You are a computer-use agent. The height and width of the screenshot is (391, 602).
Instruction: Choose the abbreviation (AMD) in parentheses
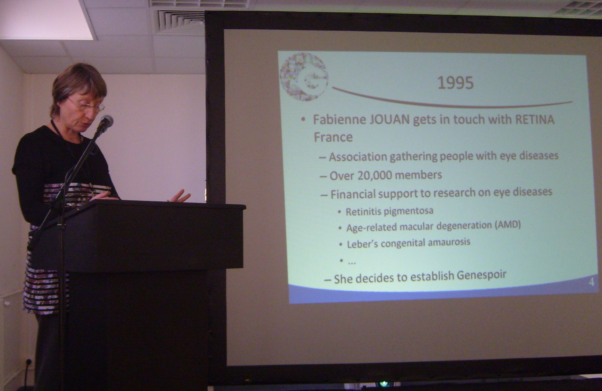pos(507,225)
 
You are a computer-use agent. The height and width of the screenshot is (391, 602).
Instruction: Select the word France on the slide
pos(333,137)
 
